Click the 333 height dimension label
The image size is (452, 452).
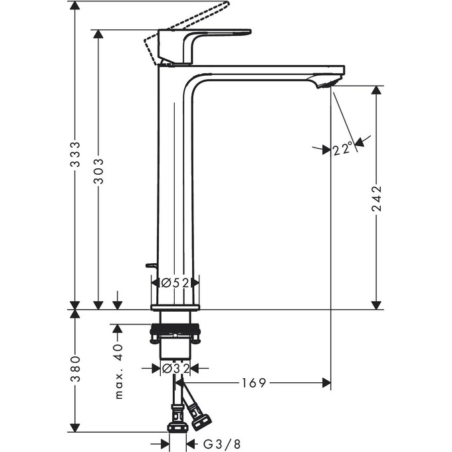pyautogui.click(x=76, y=154)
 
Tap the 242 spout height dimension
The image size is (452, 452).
pyautogui.click(x=376, y=198)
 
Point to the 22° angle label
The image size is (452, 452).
pyautogui.click(x=343, y=150)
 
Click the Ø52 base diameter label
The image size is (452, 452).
pyautogui.click(x=175, y=282)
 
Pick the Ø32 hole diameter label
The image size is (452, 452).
pyautogui.click(x=175, y=368)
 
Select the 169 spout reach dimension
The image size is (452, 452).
pyautogui.click(x=254, y=383)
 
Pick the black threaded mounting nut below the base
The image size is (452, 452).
pyautogui.click(x=175, y=330)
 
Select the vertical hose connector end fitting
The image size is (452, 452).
pyautogui.click(x=176, y=425)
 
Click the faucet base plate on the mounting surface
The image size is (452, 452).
pyautogui.click(x=175, y=306)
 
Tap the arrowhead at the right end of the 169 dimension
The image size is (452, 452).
pyautogui.click(x=326, y=383)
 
